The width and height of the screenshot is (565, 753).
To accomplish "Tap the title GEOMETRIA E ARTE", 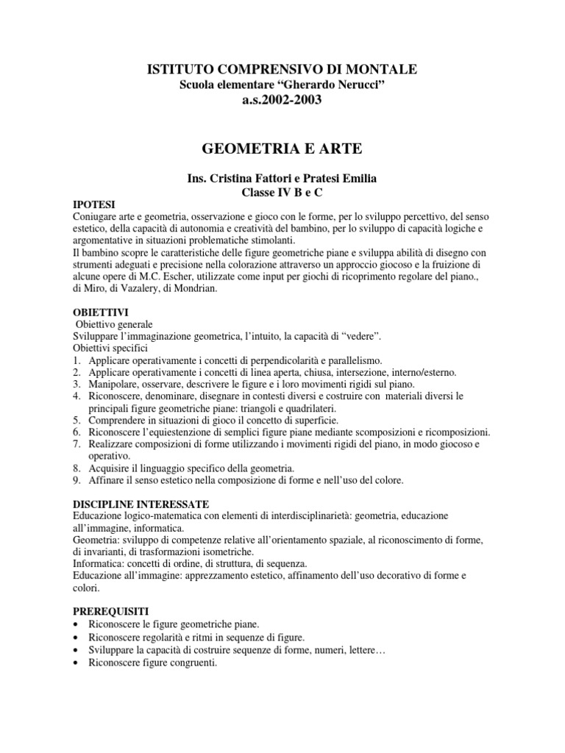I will [282, 149].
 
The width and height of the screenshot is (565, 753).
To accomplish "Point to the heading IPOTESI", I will [94, 204].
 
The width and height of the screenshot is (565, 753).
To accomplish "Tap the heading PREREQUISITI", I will [111, 611].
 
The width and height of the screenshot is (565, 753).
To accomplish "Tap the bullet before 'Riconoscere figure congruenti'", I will [77, 662].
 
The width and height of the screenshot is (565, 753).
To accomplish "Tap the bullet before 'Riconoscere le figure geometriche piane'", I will [77, 624].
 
